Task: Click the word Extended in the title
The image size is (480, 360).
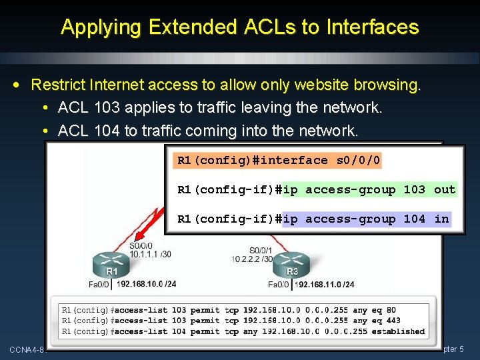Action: pyautogui.click(x=191, y=27)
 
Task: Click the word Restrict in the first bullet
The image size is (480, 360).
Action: pyautogui.click(x=57, y=85)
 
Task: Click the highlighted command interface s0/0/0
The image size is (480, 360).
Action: pyautogui.click(x=279, y=160)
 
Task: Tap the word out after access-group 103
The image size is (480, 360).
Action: pyautogui.click(x=445, y=189)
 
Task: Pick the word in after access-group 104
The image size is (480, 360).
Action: pyautogui.click(x=441, y=219)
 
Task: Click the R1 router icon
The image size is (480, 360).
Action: pyautogui.click(x=111, y=262)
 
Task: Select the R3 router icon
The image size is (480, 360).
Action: pyautogui.click(x=292, y=262)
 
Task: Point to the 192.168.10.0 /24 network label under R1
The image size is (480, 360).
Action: pyautogui.click(x=147, y=284)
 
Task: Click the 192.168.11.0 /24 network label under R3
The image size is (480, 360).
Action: pyautogui.click(x=324, y=284)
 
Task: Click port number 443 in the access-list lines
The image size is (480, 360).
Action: pyautogui.click(x=393, y=321)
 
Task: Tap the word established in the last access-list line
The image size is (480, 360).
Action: pyautogui.click(x=399, y=331)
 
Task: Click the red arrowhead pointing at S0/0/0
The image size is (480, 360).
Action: pyautogui.click(x=138, y=234)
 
